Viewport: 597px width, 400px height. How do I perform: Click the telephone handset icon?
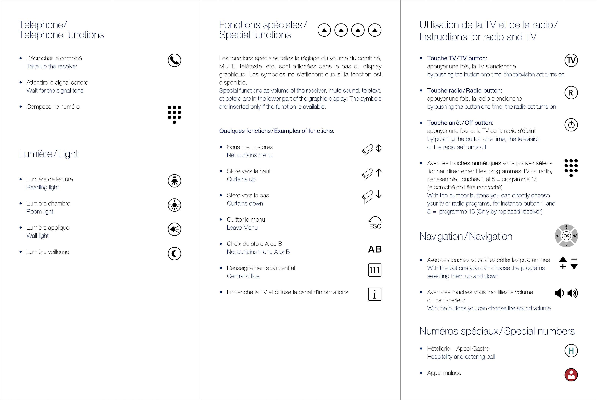174,60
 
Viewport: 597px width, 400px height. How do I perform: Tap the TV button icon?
571,60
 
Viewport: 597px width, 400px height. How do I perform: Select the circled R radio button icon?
571,93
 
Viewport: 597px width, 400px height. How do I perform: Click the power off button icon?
571,125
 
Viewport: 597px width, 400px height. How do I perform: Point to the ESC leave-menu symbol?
375,223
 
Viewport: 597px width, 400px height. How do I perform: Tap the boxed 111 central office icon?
375,270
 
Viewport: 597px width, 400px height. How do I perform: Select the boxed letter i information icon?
375,294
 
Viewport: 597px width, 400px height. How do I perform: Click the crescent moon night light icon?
174,254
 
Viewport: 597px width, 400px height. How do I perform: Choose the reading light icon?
174,181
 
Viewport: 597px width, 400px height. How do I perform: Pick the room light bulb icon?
174,205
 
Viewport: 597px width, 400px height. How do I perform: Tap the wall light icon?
174,229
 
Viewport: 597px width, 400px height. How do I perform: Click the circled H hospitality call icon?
571,351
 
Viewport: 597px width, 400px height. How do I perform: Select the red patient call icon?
571,375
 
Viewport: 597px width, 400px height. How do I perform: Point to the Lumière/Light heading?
49,154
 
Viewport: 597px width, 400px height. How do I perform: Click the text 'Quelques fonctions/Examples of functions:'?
276,131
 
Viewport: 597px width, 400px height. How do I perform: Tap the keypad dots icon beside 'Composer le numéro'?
174,115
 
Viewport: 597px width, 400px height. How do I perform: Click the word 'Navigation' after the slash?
491,236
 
